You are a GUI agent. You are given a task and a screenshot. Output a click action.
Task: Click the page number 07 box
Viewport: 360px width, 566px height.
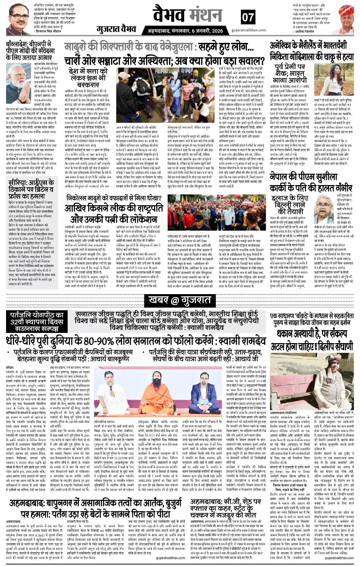(x=248, y=17)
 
